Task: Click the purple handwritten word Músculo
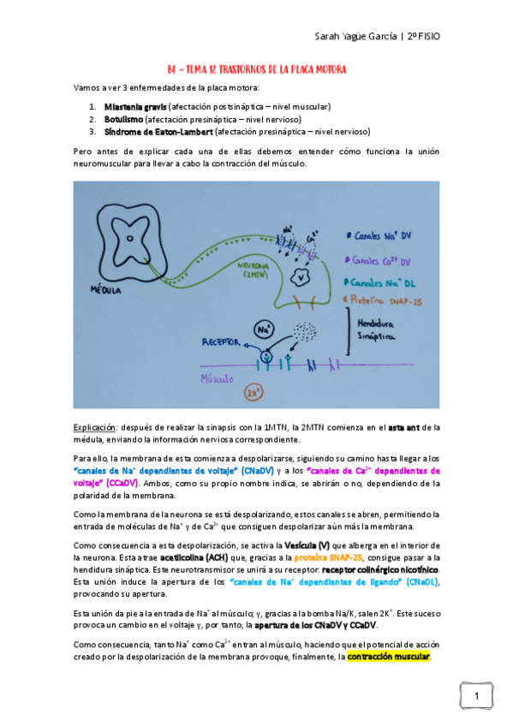pyautogui.click(x=221, y=378)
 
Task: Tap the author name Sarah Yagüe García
pyautogui.click(x=355, y=38)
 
